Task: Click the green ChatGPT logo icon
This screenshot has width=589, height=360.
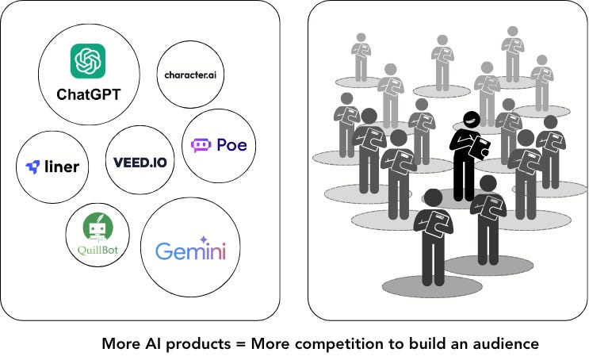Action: pyautogui.click(x=88, y=61)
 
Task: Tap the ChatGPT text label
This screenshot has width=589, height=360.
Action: pyautogui.click(x=88, y=94)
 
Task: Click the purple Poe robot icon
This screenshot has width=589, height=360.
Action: pyautogui.click(x=201, y=145)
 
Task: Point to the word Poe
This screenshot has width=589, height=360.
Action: pyautogui.click(x=231, y=145)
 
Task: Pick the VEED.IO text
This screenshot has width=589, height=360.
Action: pyautogui.click(x=140, y=163)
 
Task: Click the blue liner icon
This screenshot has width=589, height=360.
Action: pyautogui.click(x=33, y=167)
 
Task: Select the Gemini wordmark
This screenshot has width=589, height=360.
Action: pyautogui.click(x=190, y=252)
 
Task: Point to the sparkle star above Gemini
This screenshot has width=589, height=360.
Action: pyautogui.click(x=204, y=238)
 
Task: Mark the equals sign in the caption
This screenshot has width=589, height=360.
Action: pyautogui.click(x=240, y=344)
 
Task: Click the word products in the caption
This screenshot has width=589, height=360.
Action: pyautogui.click(x=200, y=344)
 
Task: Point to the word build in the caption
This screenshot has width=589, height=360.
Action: pyautogui.click(x=420, y=344)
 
